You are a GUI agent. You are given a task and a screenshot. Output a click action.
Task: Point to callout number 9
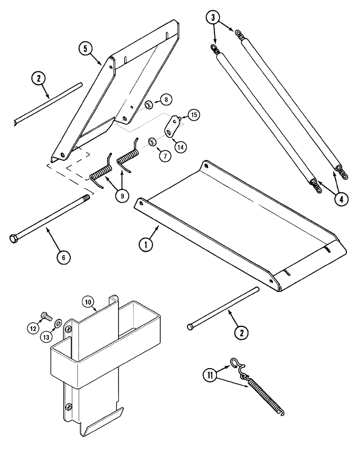click(121, 196)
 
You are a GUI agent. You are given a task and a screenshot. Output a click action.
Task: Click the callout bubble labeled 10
click(89, 302)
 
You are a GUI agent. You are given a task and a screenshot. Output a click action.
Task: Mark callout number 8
click(154, 99)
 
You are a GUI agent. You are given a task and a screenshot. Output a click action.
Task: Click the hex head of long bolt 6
click(13, 239)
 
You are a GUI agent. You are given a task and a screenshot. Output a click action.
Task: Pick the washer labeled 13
click(58, 323)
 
